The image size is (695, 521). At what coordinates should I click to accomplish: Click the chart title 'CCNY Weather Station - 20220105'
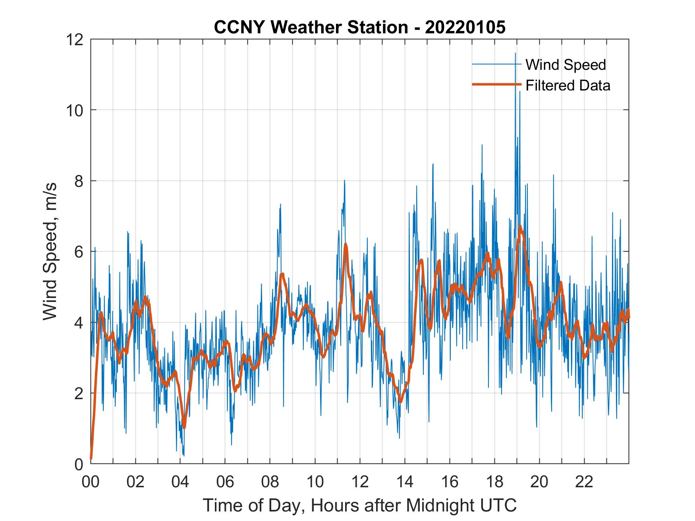pyautogui.click(x=359, y=27)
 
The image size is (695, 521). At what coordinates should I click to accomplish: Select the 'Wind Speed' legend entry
pyautogui.click(x=566, y=65)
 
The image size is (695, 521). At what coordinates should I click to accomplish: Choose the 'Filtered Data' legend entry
pyautogui.click(x=568, y=85)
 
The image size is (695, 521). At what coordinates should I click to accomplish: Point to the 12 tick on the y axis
pyautogui.click(x=75, y=39)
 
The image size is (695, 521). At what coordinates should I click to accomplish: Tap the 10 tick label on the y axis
pyautogui.click(x=75, y=110)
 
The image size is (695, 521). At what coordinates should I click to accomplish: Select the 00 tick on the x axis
pyautogui.click(x=91, y=482)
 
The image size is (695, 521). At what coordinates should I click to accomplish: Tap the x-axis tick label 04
pyautogui.click(x=180, y=482)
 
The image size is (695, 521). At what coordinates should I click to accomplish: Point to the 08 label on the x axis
pyautogui.click(x=270, y=482)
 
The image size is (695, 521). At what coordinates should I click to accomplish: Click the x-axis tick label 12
pyautogui.click(x=360, y=482)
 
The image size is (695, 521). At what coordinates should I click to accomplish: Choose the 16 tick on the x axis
pyautogui.click(x=450, y=482)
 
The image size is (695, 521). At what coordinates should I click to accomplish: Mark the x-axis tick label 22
pyautogui.click(x=584, y=482)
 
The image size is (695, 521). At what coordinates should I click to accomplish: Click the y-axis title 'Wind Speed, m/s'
pyautogui.click(x=50, y=251)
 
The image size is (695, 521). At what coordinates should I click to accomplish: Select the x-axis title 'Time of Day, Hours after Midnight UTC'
pyautogui.click(x=359, y=505)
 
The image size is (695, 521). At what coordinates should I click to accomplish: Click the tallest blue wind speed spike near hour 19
pyautogui.click(x=515, y=53)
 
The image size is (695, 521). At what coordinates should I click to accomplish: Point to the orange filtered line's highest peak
pyautogui.click(x=520, y=227)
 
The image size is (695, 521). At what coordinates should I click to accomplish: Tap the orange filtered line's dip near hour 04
pyautogui.click(x=184, y=427)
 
